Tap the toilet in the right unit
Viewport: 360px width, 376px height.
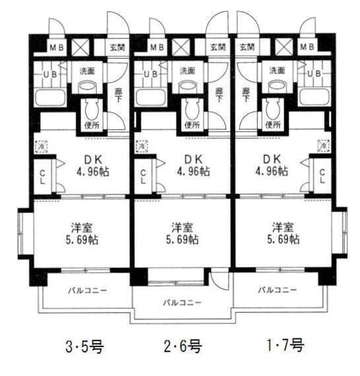point(272,106)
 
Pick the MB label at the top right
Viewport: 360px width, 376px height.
point(307,47)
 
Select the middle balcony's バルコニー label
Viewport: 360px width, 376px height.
point(183,302)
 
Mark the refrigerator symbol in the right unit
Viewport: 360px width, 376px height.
point(323,144)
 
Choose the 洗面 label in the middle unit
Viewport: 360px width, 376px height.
point(188,70)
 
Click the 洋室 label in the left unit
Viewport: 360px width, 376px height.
point(82,226)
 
